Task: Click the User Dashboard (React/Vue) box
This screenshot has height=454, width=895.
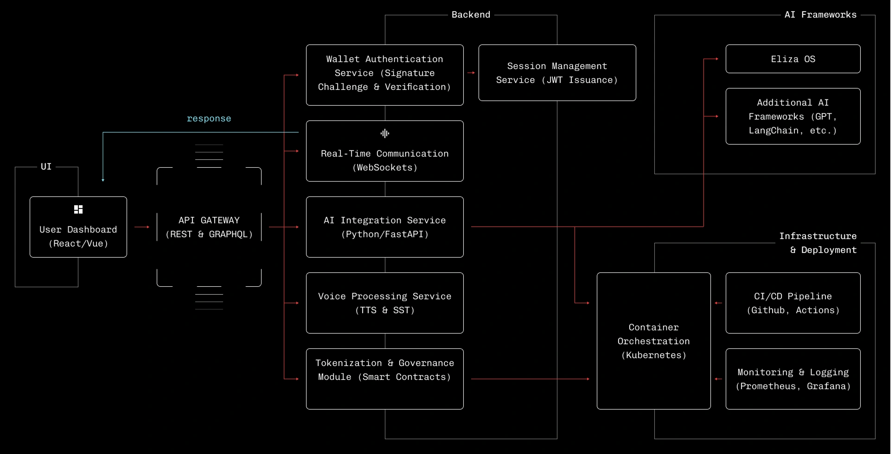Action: click(x=78, y=227)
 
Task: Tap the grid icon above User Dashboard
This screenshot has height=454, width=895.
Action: click(x=78, y=209)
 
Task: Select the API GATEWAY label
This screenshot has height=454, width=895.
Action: click(x=209, y=221)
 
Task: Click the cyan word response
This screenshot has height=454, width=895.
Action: click(x=209, y=119)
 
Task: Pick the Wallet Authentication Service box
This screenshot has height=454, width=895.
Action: click(x=385, y=75)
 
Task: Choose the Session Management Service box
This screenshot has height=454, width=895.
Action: click(x=557, y=73)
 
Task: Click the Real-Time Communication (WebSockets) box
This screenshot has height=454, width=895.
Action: click(x=385, y=151)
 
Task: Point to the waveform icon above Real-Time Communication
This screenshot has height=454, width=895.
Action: click(x=385, y=133)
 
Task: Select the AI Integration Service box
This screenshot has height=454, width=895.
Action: click(x=385, y=227)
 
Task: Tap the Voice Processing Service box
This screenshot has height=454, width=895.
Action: click(x=385, y=303)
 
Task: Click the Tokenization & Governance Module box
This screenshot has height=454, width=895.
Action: click(x=385, y=379)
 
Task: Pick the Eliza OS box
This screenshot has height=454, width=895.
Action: click(x=793, y=59)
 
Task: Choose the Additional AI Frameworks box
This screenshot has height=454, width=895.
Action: click(x=793, y=116)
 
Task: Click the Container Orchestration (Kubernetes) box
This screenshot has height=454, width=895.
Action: click(x=654, y=341)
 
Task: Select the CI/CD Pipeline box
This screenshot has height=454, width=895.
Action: click(x=793, y=303)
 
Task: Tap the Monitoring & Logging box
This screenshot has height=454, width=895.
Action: click(x=793, y=379)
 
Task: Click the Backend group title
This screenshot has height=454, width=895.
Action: click(x=471, y=15)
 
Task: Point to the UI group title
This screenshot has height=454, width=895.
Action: click(x=46, y=167)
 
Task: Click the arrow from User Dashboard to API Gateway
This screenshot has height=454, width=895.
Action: click(x=142, y=227)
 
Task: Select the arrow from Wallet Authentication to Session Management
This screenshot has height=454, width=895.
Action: click(x=471, y=73)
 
